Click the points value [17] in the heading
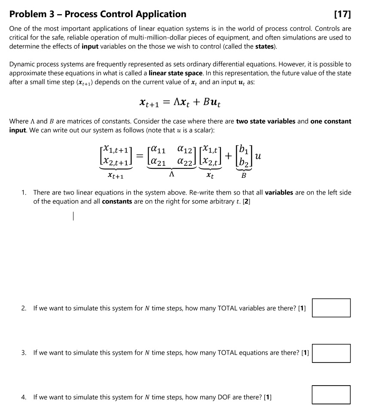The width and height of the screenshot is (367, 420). tap(342, 14)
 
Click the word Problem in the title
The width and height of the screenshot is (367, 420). tap(28, 14)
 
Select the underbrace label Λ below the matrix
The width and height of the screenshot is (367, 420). tap(172, 175)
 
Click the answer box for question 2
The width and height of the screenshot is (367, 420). tap(331, 308)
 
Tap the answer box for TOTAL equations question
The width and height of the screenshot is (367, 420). tap(331, 353)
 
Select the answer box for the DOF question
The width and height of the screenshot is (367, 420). tap(331, 395)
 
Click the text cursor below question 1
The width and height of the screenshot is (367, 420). tap(73, 216)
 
